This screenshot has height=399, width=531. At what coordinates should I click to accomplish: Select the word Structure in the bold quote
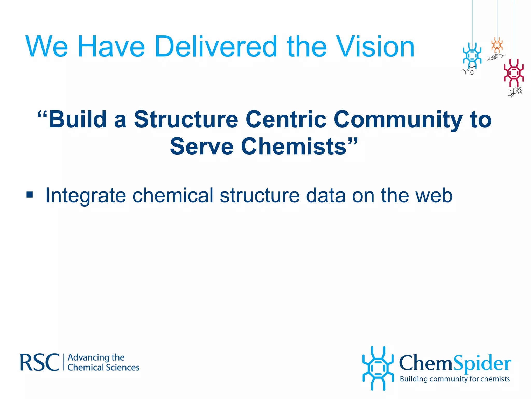click(x=186, y=119)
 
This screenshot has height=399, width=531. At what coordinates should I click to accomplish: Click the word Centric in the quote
click(x=286, y=119)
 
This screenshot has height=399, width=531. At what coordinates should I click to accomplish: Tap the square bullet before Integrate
click(x=30, y=194)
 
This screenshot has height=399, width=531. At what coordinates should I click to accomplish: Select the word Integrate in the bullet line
click(x=85, y=196)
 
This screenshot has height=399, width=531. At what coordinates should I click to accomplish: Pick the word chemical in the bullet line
click(x=173, y=196)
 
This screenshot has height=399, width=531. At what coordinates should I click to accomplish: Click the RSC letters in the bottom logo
click(x=40, y=362)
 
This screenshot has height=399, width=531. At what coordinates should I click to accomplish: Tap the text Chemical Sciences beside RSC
click(x=103, y=368)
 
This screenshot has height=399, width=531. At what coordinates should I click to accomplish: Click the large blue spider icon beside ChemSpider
click(x=378, y=368)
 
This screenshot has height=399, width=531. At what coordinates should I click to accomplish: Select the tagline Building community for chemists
click(x=455, y=379)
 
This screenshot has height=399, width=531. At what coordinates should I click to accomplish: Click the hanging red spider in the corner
click(x=514, y=73)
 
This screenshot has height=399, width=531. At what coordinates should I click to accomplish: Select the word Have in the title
click(x=111, y=47)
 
